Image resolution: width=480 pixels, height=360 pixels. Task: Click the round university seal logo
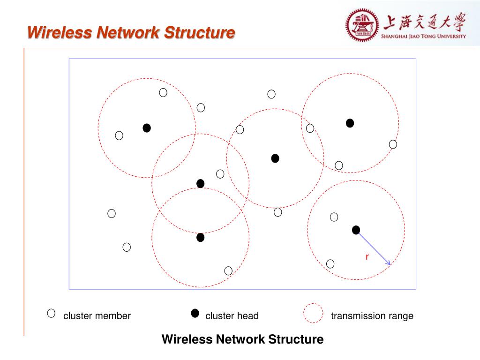(362, 25)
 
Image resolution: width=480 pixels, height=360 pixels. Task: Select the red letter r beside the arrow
(367, 256)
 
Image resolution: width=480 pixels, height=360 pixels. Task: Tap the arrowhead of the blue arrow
(389, 264)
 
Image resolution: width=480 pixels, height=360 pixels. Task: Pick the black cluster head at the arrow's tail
(356, 230)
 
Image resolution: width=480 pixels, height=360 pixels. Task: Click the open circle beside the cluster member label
(51, 314)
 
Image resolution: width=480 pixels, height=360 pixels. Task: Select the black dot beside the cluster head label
(195, 314)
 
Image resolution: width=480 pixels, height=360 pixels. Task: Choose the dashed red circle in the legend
(313, 314)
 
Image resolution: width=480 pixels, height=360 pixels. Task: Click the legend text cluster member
(97, 316)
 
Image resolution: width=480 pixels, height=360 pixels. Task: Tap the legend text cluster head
(232, 316)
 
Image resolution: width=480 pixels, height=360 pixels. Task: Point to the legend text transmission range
(372, 316)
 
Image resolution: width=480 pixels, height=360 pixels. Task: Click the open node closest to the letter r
(330, 264)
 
